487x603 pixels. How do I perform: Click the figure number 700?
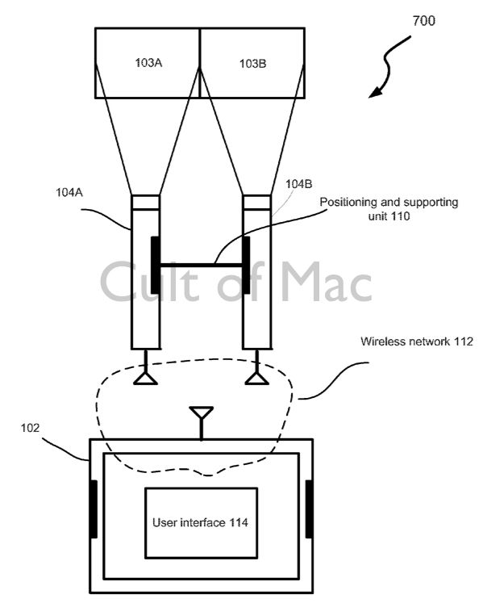423,20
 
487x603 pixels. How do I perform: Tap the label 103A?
148,62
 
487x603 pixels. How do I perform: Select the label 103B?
252,63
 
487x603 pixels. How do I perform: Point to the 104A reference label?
69,192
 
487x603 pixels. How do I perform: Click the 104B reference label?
298,184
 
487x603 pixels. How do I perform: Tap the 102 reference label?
30,427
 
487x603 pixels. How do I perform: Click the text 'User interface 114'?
200,522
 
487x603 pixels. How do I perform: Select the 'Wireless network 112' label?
417,341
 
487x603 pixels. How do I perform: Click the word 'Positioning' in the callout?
348,203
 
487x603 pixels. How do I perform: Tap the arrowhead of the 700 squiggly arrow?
375,92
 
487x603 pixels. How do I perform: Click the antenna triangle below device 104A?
145,379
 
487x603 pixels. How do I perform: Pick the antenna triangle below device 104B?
256,379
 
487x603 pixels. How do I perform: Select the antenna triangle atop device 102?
202,412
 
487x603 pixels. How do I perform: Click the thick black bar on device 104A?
155,266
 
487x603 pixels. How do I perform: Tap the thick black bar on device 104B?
246,266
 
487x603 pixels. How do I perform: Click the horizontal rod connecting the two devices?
201,265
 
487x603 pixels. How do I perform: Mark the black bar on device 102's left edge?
94,509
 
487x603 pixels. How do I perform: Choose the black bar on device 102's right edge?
309,509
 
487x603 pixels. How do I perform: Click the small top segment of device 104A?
145,203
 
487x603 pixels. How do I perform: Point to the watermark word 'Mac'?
327,282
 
